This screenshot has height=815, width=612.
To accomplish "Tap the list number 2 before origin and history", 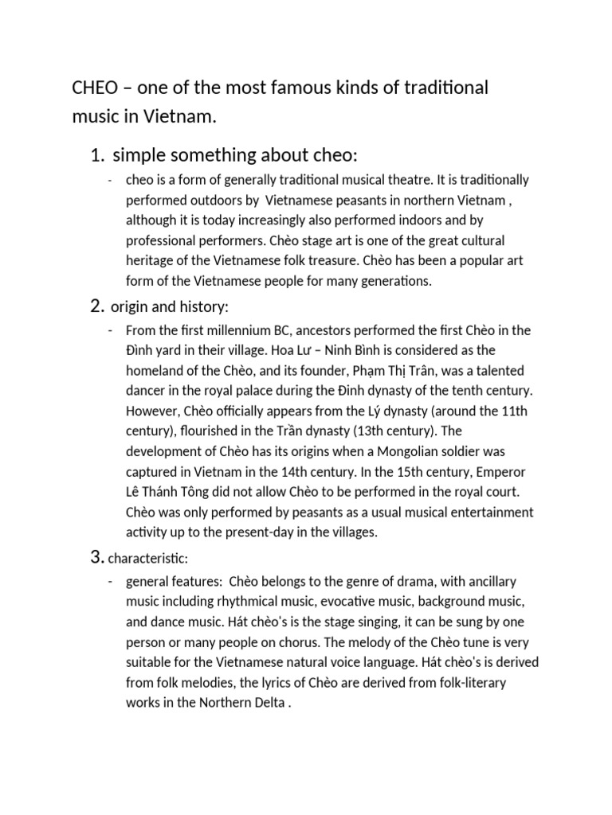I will click(x=98, y=306).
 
